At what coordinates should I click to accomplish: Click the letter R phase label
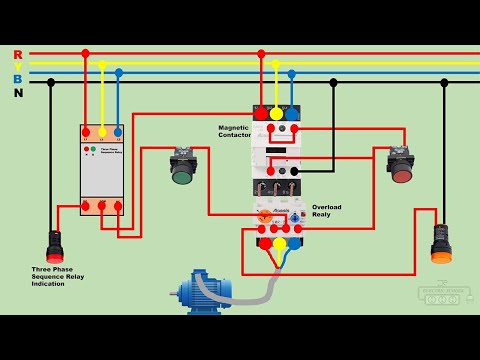click(18, 54)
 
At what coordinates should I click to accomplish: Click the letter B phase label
click(18, 79)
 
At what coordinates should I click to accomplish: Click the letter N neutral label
click(18, 92)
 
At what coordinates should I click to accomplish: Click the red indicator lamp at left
click(55, 245)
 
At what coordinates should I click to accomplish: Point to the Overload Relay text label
click(326, 210)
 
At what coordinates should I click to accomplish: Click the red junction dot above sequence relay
click(85, 53)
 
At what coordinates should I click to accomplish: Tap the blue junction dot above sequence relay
click(119, 73)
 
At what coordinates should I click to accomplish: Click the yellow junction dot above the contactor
click(276, 62)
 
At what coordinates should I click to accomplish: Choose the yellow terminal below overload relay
click(280, 243)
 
